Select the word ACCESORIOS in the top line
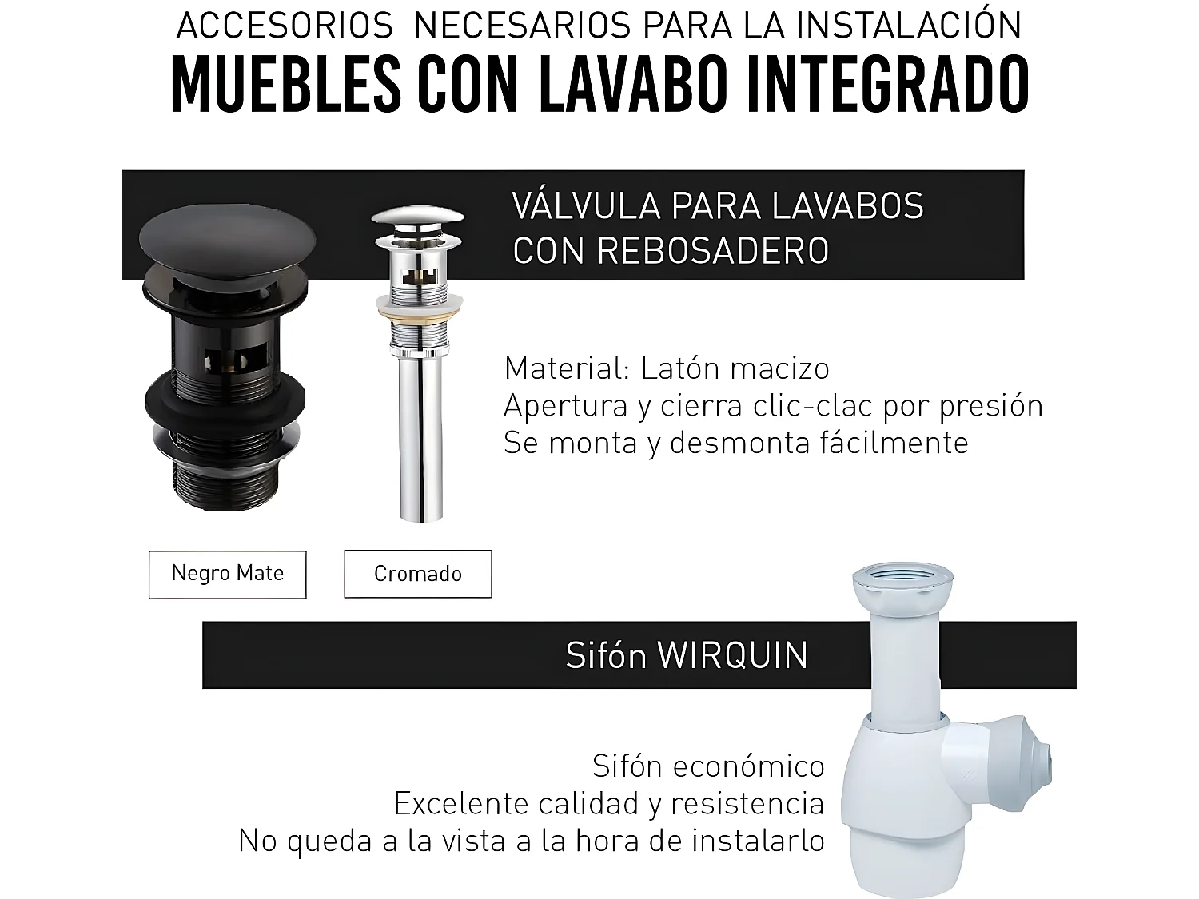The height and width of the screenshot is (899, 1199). [285, 26]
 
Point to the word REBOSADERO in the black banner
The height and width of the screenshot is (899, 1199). [712, 251]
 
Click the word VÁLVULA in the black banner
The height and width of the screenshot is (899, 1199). [587, 206]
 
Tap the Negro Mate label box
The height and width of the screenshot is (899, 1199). [227, 574]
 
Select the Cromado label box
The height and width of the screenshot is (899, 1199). [417, 574]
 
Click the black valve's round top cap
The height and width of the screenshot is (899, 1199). [229, 240]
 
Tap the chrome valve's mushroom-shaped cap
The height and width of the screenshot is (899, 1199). [419, 219]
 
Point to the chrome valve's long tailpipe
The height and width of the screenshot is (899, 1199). [420, 448]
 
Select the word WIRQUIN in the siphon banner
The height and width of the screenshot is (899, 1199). [732, 655]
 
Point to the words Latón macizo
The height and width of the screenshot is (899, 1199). [735, 368]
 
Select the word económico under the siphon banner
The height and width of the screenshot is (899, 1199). [750, 766]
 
